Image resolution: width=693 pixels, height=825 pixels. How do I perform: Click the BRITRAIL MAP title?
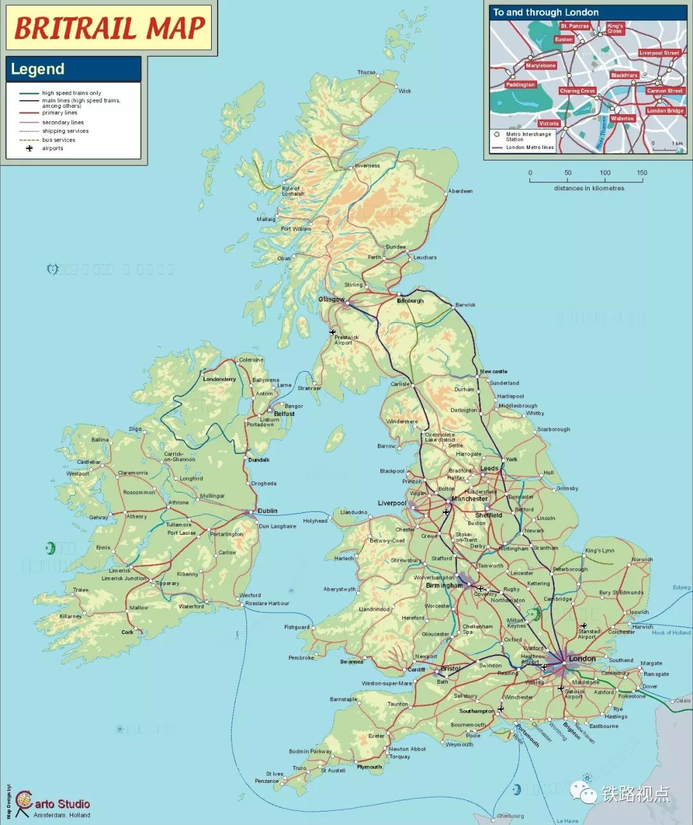(109, 28)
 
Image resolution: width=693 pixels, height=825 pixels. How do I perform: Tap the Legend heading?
(38, 69)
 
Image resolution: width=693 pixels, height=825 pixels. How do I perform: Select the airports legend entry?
(53, 148)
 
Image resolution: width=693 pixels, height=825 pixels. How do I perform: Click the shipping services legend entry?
(65, 131)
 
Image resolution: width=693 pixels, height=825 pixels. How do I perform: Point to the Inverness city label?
(367, 166)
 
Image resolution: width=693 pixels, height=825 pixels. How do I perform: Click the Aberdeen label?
(460, 191)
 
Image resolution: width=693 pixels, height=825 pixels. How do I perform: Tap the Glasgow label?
(331, 300)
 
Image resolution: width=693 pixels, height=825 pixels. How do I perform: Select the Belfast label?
(284, 414)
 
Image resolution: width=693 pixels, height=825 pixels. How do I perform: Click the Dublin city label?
(268, 511)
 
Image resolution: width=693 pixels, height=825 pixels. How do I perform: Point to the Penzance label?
(266, 781)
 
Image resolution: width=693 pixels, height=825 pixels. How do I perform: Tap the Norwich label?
(642, 559)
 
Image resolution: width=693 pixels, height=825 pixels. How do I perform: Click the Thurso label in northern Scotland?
(366, 73)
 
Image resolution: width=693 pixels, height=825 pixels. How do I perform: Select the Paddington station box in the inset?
(520, 85)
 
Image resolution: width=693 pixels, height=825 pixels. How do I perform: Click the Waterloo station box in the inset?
(622, 119)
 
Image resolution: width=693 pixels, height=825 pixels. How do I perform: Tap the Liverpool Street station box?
(658, 53)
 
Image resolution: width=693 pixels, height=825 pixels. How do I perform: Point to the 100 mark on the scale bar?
(604, 173)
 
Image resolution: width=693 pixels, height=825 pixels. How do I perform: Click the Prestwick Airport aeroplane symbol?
(332, 332)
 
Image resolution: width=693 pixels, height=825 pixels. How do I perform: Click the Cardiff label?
(416, 670)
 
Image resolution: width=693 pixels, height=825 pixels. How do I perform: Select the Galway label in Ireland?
(99, 517)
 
